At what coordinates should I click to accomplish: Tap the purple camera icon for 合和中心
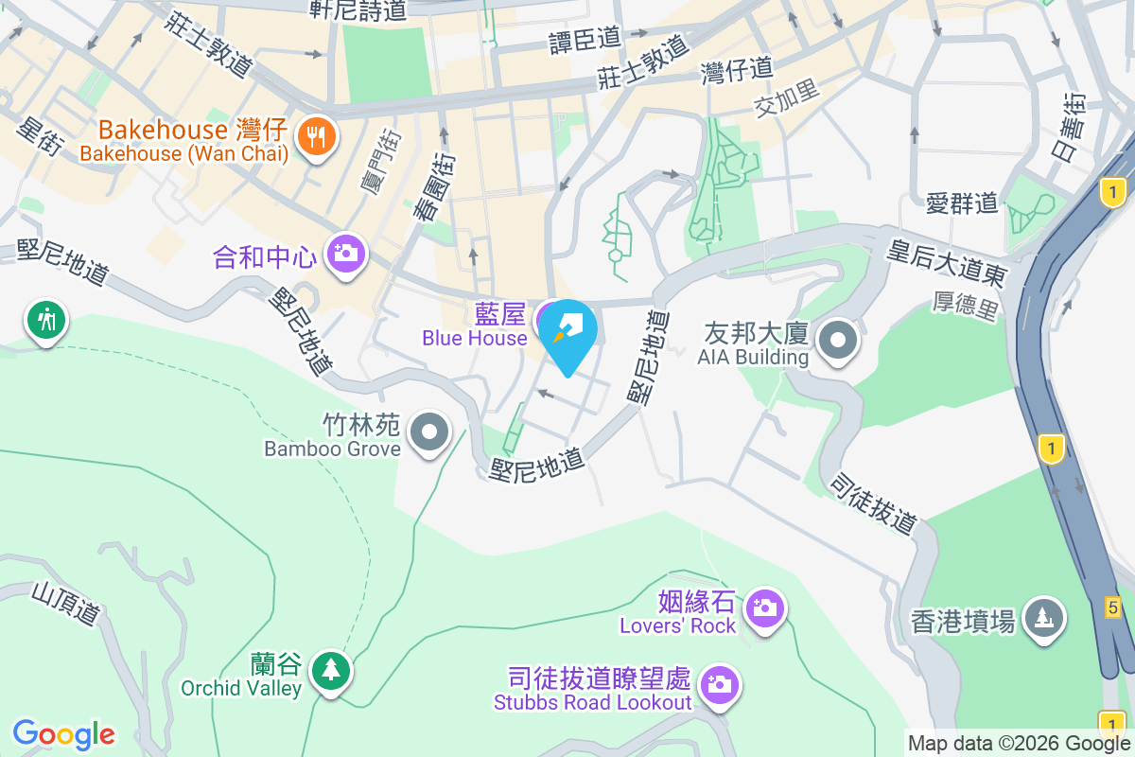(346, 253)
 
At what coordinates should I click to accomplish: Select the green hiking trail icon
(45, 321)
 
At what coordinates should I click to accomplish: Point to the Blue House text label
(475, 338)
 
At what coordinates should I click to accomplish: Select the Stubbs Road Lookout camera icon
(720, 683)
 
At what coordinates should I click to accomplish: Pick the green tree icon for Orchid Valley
(330, 671)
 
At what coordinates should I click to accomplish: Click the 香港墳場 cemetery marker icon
(1044, 619)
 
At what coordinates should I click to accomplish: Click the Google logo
(64, 734)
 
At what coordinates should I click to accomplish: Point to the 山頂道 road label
(65, 604)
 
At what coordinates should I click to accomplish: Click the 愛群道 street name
(962, 202)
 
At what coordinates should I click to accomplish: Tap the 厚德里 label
(966, 307)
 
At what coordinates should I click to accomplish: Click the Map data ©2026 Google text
(1019, 744)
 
